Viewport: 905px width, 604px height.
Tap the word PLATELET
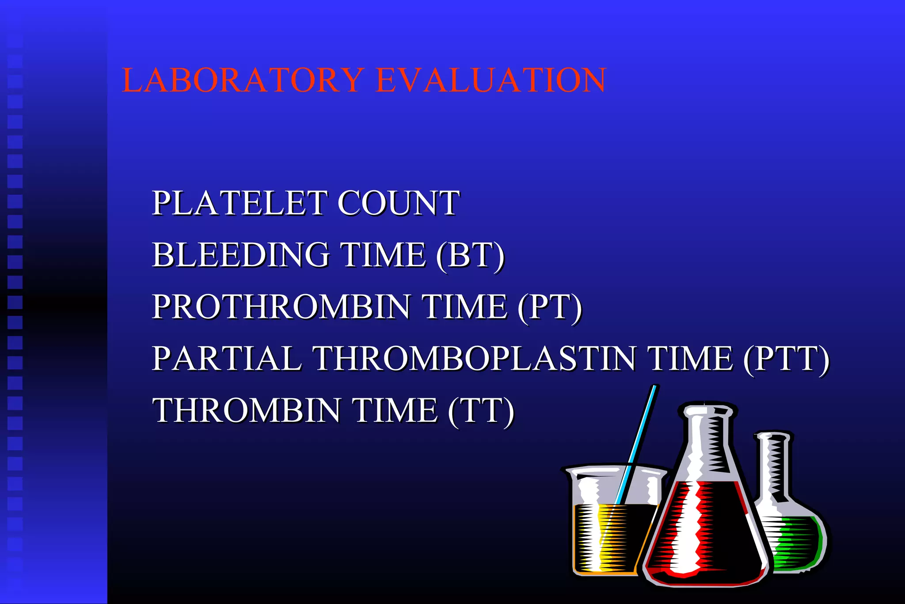tap(240, 203)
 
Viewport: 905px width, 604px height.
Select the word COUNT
tap(399, 203)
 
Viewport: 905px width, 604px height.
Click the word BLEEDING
tap(241, 255)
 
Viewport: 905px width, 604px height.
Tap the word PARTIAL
tap(227, 358)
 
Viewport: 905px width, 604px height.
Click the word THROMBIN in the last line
tap(247, 410)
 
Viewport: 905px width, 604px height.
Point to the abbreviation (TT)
tap(481, 411)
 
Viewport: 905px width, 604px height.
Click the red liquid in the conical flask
tap(707, 531)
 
